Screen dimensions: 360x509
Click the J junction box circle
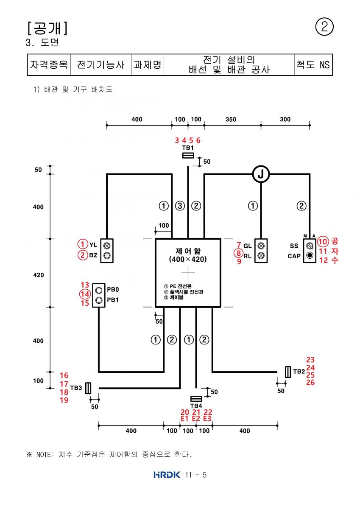(x=261, y=174)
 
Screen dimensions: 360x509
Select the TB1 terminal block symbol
(x=188, y=155)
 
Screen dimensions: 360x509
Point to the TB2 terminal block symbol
(x=288, y=372)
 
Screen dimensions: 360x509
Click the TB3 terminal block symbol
(x=88, y=388)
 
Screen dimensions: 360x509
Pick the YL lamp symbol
(x=107, y=246)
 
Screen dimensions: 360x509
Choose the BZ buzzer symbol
(x=107, y=256)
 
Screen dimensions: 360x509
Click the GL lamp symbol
(x=261, y=246)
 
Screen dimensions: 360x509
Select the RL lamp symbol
(x=261, y=256)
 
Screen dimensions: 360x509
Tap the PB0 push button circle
(x=98, y=291)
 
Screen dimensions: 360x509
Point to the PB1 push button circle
(x=98, y=300)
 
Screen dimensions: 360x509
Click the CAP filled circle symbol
(x=310, y=255)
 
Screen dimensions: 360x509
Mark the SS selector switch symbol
(x=310, y=246)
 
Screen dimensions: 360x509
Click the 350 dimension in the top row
(x=231, y=119)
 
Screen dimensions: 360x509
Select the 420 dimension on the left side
(x=39, y=275)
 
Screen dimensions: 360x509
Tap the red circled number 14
(x=85, y=294)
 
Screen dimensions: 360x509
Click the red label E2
(x=196, y=418)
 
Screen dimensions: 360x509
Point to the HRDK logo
(x=167, y=475)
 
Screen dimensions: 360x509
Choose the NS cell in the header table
(x=324, y=65)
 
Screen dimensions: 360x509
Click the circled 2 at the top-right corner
(x=324, y=27)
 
